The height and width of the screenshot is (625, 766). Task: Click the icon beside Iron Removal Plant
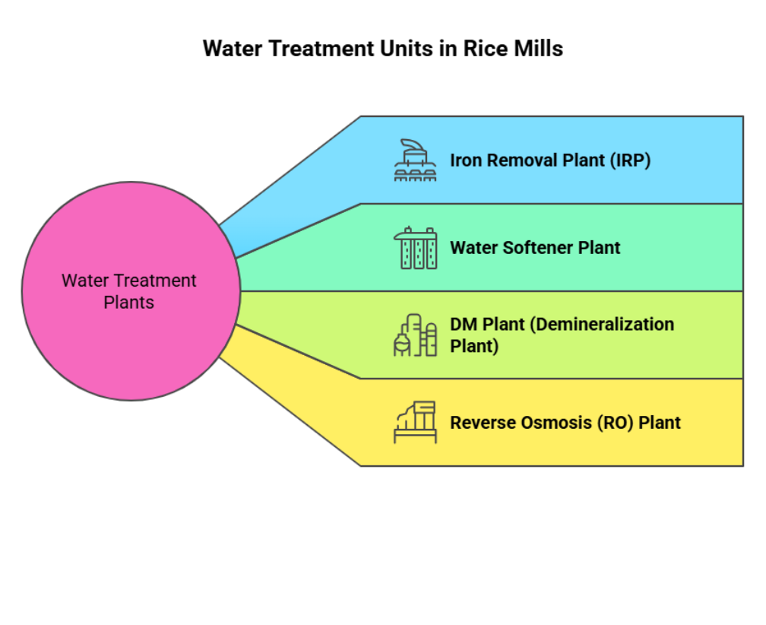415,160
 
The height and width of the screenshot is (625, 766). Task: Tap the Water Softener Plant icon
415,248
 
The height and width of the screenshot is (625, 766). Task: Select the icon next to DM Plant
415,335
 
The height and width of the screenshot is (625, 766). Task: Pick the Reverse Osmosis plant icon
415,423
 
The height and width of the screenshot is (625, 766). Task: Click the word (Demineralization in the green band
601,325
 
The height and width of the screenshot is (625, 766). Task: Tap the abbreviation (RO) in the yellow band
611,423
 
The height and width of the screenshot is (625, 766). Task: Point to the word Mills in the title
540,49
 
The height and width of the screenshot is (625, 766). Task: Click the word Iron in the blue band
466,160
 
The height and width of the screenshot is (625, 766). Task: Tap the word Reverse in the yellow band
479,423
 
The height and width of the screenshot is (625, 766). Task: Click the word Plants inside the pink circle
129,303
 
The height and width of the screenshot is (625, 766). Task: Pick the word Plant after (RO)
660,423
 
